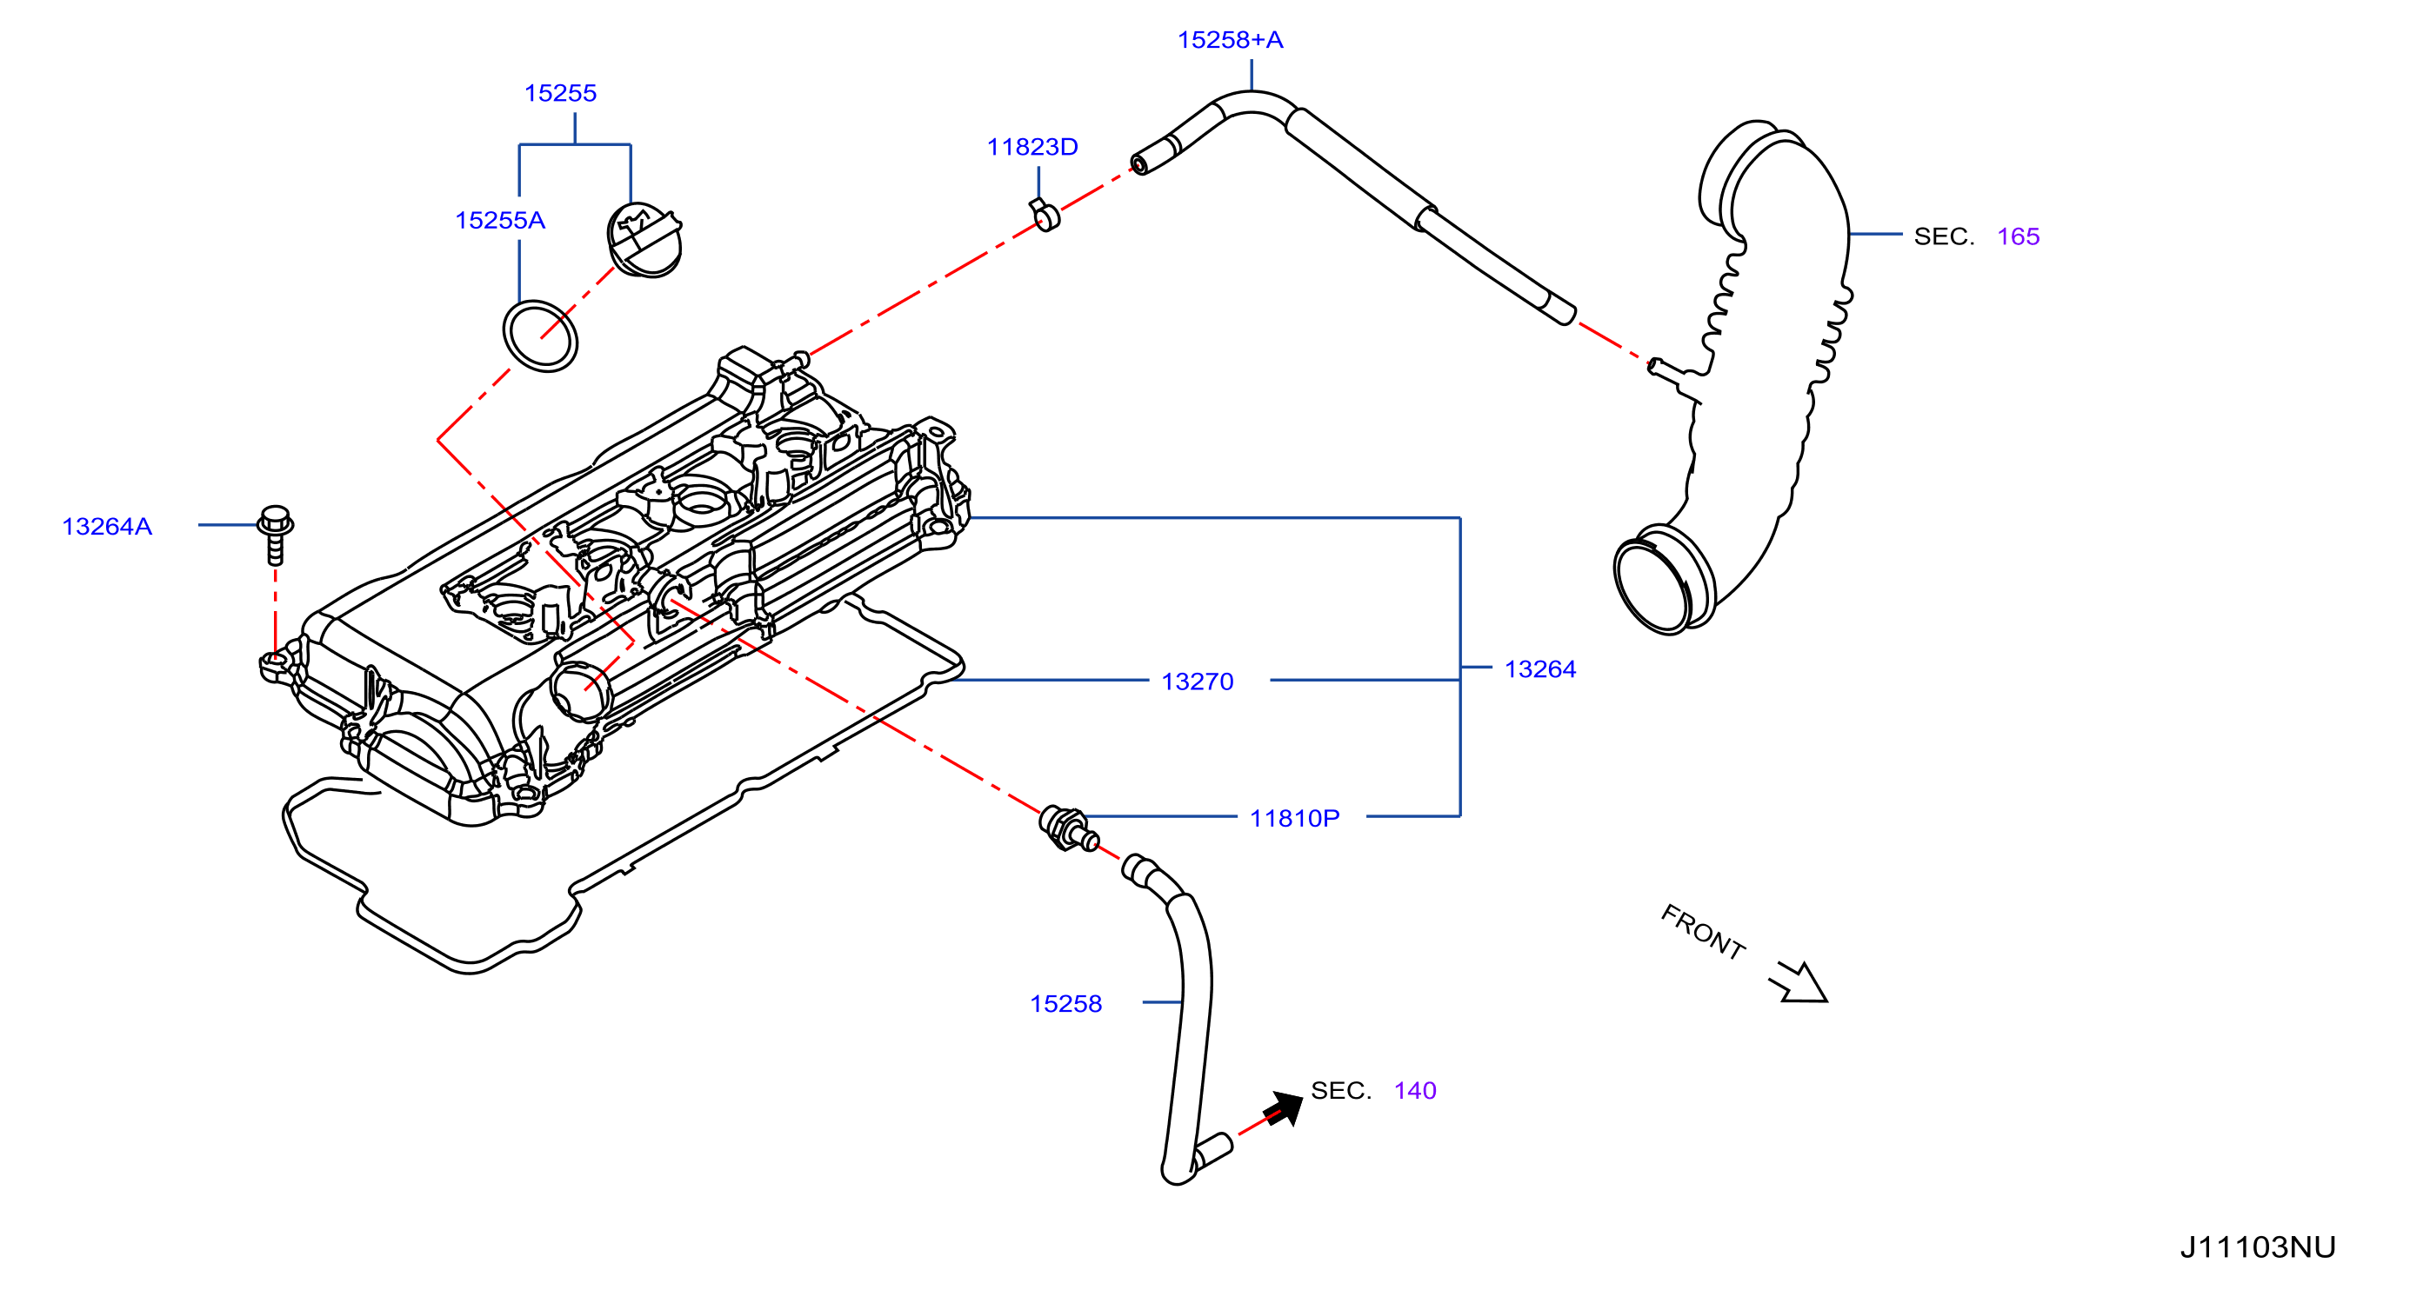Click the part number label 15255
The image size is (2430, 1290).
point(560,93)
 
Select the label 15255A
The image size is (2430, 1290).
point(500,221)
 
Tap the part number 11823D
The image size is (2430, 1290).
point(1032,147)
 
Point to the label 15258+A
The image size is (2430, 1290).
point(1230,40)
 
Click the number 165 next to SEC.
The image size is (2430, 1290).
point(2018,236)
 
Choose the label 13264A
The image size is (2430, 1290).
point(107,526)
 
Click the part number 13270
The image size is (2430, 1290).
point(1197,682)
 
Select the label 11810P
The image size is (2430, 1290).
point(1294,819)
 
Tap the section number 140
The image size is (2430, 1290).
point(1415,1091)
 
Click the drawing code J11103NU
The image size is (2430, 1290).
point(2258,1247)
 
